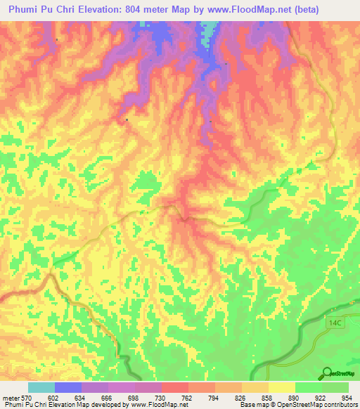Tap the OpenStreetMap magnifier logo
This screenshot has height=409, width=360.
click(x=326, y=374)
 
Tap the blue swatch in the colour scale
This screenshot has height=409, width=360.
click(x=68, y=387)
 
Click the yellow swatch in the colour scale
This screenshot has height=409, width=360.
click(x=281, y=387)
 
